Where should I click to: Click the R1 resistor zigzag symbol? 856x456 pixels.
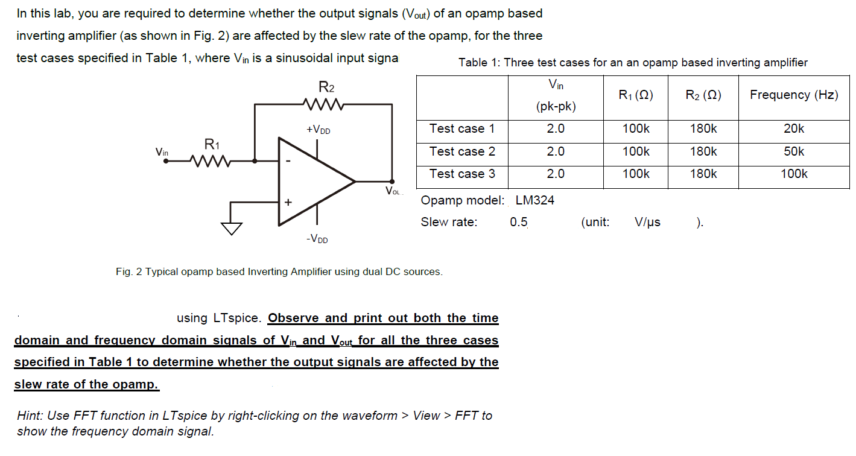tap(209, 161)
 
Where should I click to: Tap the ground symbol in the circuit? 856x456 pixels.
tap(231, 228)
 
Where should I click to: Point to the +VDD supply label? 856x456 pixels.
tap(318, 130)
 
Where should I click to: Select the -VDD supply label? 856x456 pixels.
tap(317, 239)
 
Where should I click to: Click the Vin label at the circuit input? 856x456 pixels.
tap(162, 152)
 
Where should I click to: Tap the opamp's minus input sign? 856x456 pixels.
tap(288, 162)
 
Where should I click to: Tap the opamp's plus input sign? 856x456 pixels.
tap(288, 203)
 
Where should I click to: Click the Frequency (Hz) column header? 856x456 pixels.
tap(793, 95)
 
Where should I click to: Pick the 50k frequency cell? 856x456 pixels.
tap(793, 151)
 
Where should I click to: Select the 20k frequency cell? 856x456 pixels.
tap(793, 128)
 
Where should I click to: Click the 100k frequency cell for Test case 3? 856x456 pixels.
tap(793, 174)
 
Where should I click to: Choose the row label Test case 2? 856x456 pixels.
tap(462, 151)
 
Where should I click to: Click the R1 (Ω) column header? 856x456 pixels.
tap(635, 95)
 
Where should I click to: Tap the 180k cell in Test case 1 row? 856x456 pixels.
tap(703, 128)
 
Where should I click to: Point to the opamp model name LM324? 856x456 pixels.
tap(534, 200)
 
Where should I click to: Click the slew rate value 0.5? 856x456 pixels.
tap(518, 222)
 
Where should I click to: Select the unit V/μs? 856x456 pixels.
tap(647, 222)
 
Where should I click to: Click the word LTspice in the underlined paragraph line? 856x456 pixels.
tap(234, 318)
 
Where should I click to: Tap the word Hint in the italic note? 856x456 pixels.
tap(31, 416)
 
